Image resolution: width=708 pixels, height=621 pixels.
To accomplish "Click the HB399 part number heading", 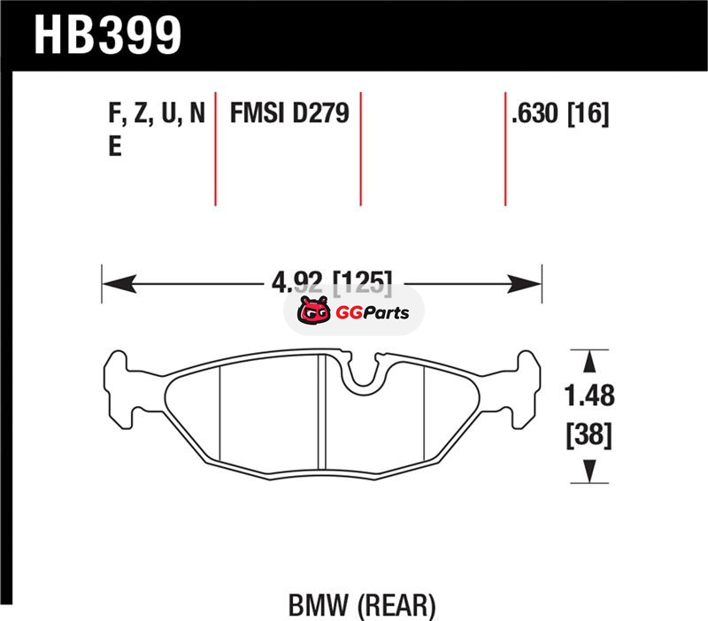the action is coord(107,35).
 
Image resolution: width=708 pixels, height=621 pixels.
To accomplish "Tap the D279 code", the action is coord(321,113).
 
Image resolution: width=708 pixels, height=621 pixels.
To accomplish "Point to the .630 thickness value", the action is coord(535,113).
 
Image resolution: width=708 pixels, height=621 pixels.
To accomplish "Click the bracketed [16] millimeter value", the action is coord(588,113).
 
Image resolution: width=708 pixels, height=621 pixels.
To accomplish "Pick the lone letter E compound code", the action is coord(115,146).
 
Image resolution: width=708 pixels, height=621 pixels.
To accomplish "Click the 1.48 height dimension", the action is coord(589,395).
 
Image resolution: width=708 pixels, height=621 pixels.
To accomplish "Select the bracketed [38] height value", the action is coord(589,435).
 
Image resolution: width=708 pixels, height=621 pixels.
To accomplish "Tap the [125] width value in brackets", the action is coord(363,283).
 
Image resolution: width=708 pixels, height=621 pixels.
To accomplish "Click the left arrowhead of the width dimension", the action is coord(119,284).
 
